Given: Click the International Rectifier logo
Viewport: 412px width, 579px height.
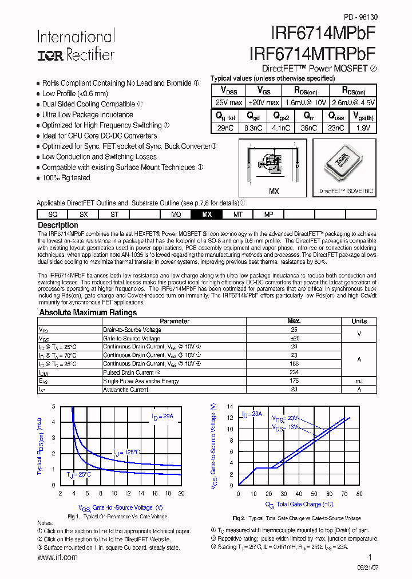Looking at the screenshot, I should click(76, 46).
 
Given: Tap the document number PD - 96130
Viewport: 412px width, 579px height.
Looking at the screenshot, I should click(360, 17).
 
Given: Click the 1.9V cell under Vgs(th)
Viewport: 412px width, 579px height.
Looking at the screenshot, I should click(363, 128).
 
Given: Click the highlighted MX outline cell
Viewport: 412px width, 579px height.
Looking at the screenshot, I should click(207, 215).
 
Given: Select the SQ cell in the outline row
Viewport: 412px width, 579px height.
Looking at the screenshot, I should click(53, 215).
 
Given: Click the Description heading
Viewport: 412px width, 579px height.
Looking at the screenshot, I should click(57, 225).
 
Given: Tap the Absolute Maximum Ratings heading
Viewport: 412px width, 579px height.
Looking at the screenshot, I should click(88, 312).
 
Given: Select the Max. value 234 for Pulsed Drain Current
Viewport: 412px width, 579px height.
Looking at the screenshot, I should click(294, 372).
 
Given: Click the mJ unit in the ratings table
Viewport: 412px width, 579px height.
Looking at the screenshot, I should click(359, 381).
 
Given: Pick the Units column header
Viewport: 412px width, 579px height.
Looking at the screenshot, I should click(359, 321).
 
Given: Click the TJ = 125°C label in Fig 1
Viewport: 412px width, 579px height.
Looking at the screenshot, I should click(126, 453).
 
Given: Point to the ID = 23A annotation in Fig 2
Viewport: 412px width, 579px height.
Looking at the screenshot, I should click(251, 414).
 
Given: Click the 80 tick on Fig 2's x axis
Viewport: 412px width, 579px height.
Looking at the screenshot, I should click(359, 493).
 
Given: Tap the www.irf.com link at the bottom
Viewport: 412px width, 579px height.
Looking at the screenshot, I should click(57, 557).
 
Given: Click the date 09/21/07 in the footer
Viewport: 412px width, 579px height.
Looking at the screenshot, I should click(364, 570).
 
